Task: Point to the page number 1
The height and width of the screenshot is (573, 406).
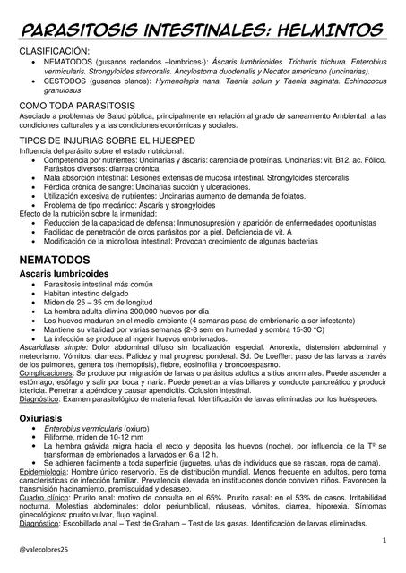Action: click(384, 541)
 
